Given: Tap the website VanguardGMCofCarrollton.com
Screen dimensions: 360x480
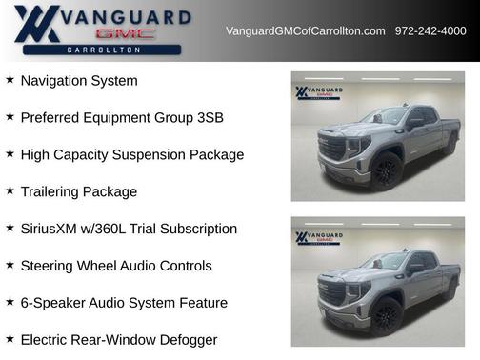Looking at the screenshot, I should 305,31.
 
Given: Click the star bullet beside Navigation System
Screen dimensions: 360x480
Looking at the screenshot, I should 10,80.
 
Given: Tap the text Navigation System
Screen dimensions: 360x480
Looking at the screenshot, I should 79,81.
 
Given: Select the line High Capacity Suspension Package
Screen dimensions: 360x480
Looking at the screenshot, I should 131,154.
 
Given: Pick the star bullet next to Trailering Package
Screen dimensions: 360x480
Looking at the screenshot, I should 10,190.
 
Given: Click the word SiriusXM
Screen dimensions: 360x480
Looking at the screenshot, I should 50,229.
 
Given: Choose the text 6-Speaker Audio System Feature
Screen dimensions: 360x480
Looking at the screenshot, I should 124,303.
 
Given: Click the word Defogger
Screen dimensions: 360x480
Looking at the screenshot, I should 188,340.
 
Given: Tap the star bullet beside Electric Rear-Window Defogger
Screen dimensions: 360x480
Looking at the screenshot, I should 10,338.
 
